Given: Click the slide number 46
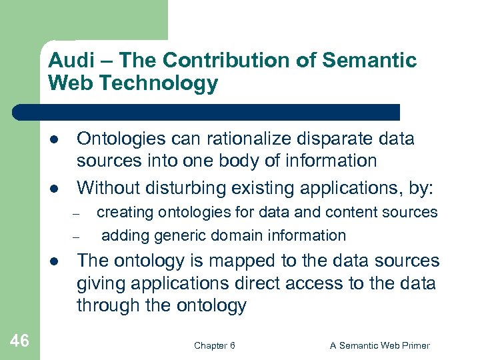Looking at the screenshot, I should (20, 341).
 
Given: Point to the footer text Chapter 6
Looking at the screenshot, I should (214, 345).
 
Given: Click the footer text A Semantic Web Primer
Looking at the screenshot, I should (380, 345).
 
